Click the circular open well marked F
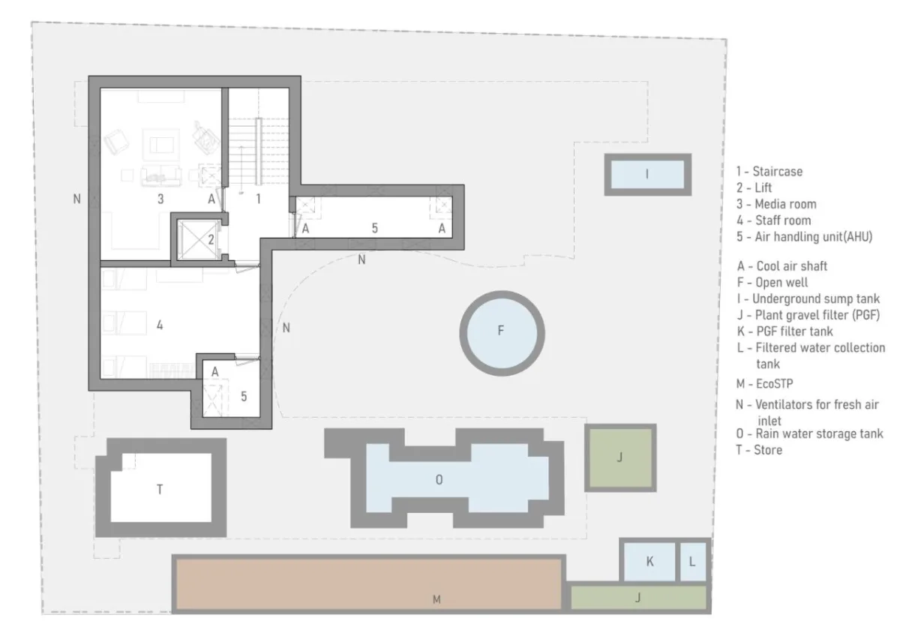tap(502, 334)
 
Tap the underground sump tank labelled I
tap(648, 175)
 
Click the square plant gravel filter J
tap(620, 457)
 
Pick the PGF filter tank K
tap(649, 561)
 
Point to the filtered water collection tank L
tap(693, 561)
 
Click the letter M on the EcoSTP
tap(436, 599)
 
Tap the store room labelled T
tap(160, 487)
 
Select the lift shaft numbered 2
tap(199, 240)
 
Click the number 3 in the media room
tap(160, 199)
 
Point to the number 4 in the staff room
tap(160, 325)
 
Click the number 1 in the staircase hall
tap(258, 199)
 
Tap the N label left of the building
tap(76, 199)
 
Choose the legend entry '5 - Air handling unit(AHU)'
tap(804, 237)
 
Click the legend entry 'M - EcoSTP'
tap(764, 384)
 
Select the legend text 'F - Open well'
tap(772, 283)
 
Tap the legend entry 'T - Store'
tap(759, 450)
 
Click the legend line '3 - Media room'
tap(776, 204)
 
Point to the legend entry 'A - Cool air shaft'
tap(782, 266)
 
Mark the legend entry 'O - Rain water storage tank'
tap(809, 434)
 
